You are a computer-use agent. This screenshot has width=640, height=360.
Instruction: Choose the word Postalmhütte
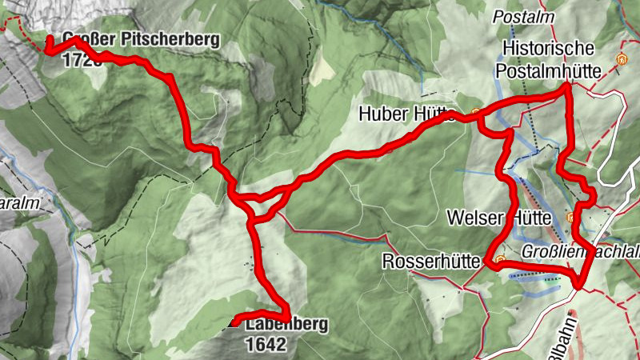[549, 71]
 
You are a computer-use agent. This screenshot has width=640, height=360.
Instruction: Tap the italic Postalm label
[524, 17]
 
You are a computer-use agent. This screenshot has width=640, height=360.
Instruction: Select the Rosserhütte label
[433, 262]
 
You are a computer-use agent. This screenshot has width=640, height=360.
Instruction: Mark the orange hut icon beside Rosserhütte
[500, 260]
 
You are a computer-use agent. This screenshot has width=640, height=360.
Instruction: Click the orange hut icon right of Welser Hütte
[570, 217]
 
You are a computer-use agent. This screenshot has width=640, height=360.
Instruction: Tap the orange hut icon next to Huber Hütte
[476, 113]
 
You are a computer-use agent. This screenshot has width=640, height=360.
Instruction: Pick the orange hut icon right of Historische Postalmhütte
[621, 59]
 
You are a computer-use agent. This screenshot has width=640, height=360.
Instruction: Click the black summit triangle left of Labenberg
[234, 323]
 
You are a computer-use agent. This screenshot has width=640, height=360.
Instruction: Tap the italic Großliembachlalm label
[581, 252]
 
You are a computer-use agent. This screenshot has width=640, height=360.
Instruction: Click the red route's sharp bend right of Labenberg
[286, 314]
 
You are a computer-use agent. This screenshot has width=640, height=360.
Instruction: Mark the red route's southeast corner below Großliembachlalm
[578, 284]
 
